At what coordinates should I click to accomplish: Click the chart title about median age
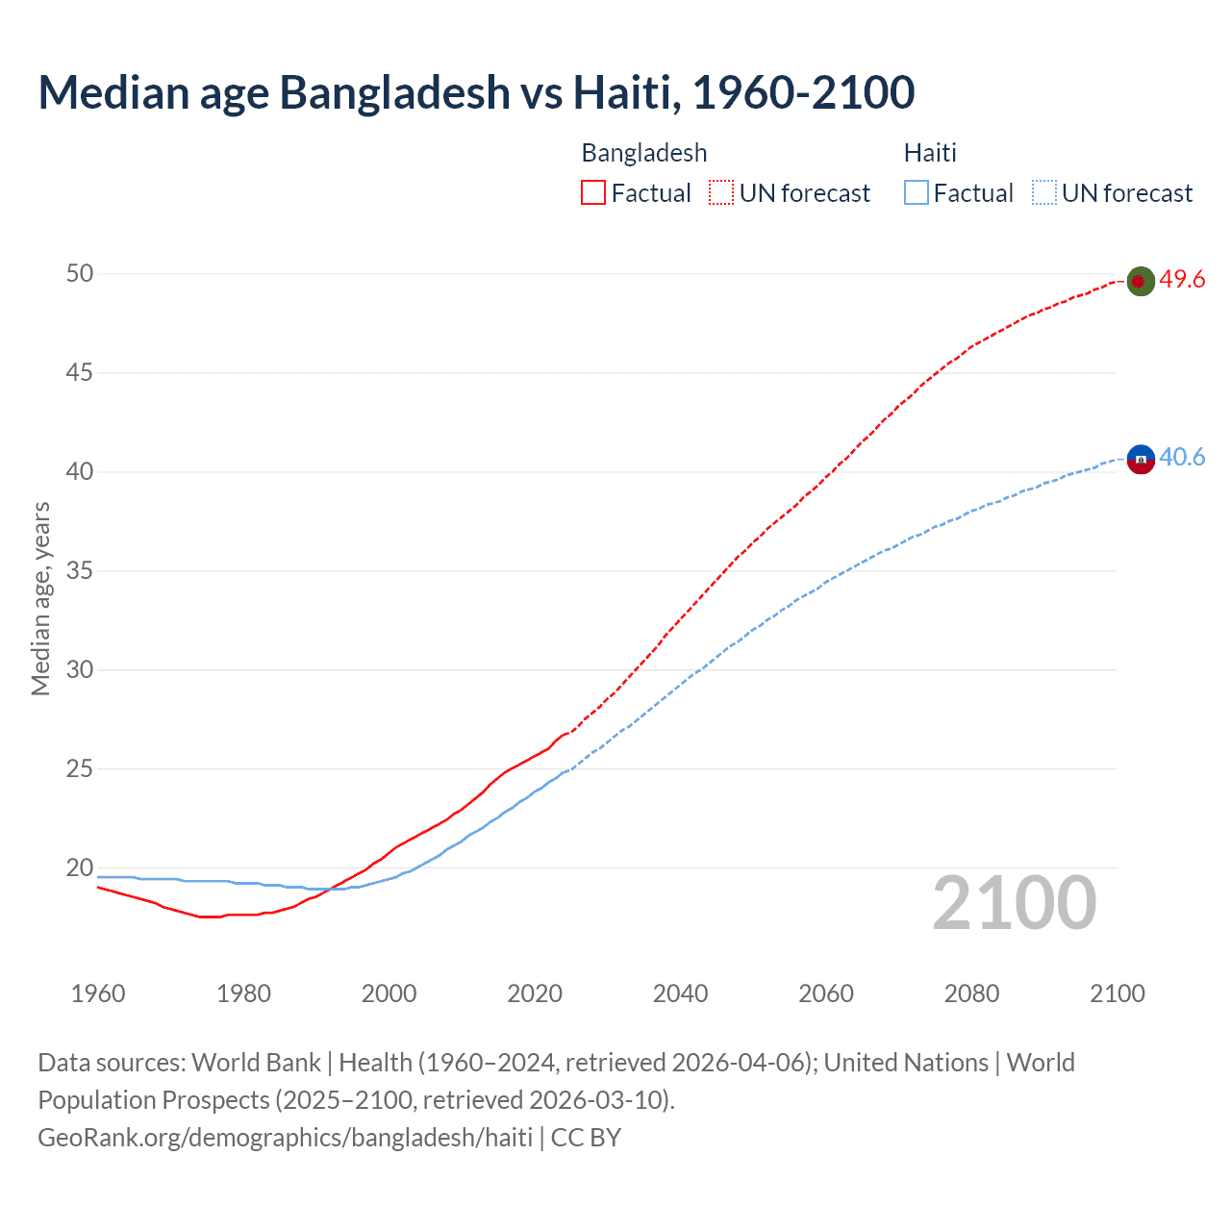[476, 92]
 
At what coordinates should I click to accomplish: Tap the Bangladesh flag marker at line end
[1140, 281]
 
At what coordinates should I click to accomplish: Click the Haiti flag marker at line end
[1140, 459]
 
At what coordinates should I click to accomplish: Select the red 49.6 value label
[1182, 280]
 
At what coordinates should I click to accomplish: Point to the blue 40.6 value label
[1182, 457]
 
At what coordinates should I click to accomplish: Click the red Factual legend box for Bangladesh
[593, 193]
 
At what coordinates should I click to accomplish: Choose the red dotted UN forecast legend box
[721, 193]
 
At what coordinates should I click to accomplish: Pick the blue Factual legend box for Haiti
[916, 193]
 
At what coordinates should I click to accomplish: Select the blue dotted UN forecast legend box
[1043, 193]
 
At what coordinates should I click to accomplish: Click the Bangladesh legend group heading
[644, 153]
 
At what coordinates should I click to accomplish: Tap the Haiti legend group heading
[930, 153]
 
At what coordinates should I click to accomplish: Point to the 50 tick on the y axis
[80, 274]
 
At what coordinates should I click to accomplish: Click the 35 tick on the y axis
[80, 571]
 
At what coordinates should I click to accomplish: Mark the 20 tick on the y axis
[80, 868]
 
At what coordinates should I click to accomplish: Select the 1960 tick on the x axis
[98, 993]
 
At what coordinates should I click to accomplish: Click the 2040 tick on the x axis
[680, 993]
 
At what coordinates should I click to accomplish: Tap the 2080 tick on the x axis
[971, 993]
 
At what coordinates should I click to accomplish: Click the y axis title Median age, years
[40, 598]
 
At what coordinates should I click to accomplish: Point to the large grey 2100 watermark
[1015, 903]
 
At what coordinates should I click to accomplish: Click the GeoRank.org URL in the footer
[285, 1138]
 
